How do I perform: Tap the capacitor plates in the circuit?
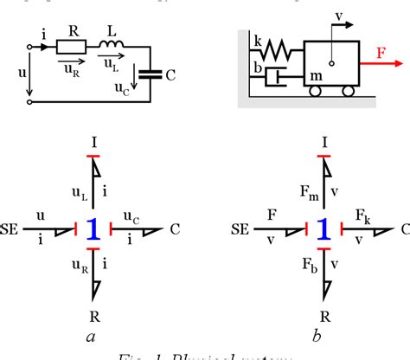pyautogui.click(x=152, y=75)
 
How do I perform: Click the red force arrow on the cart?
pyautogui.click(x=380, y=63)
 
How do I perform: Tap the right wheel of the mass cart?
pyautogui.click(x=349, y=92)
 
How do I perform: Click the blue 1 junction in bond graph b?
pyautogui.click(x=322, y=229)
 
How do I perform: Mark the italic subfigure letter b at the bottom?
pyautogui.click(x=322, y=332)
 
